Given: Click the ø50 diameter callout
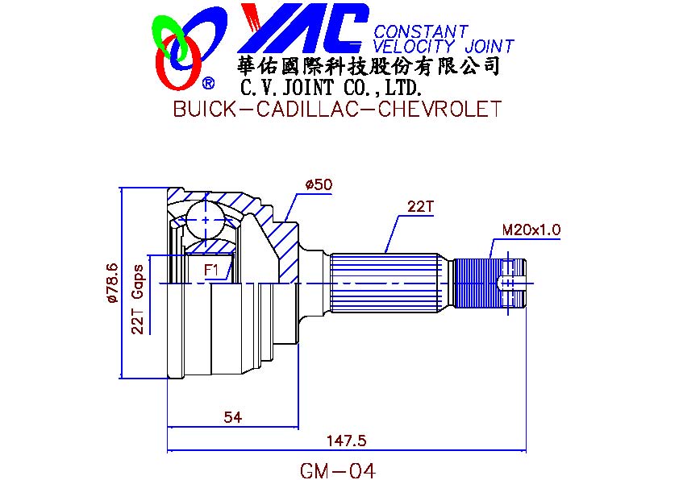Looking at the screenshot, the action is pyautogui.click(x=319, y=185).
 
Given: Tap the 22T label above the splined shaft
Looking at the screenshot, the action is pyautogui.click(x=419, y=207).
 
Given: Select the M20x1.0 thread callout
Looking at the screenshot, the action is pyautogui.click(x=531, y=230).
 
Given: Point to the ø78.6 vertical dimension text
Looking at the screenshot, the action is pyautogui.click(x=112, y=283).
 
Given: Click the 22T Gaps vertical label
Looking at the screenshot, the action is pyautogui.click(x=138, y=300).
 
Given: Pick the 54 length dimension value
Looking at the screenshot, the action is pyautogui.click(x=233, y=417).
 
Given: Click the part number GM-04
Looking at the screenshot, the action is pyautogui.click(x=338, y=470).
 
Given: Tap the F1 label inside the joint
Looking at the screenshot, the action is pyautogui.click(x=211, y=271).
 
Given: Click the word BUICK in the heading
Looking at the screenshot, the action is pyautogui.click(x=204, y=109).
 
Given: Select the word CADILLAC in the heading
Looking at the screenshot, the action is pyautogui.click(x=307, y=109).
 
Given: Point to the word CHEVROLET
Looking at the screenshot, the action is pyautogui.click(x=439, y=109).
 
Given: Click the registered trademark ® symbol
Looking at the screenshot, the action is pyautogui.click(x=208, y=83).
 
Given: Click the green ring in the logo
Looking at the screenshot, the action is pyautogui.click(x=169, y=36).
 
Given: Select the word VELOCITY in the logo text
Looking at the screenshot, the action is pyautogui.click(x=414, y=46).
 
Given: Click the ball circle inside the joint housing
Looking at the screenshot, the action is pyautogui.click(x=205, y=220).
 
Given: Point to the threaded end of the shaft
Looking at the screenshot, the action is pyautogui.click(x=489, y=283).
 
